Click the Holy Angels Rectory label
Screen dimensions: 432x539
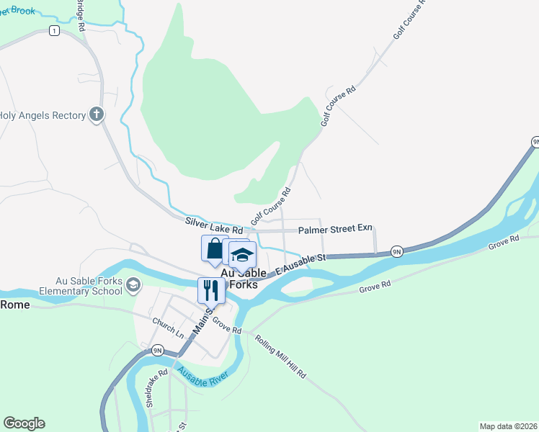click(42, 114)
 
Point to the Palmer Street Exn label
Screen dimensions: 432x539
click(335, 229)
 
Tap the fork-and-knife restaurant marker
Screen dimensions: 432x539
click(211, 290)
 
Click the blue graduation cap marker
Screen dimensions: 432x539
click(243, 254)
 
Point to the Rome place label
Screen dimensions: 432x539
click(15, 305)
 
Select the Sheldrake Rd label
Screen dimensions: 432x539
click(156, 388)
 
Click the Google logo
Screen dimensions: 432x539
click(24, 423)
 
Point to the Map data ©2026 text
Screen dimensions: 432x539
click(508, 426)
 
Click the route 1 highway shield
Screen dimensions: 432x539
click(53, 30)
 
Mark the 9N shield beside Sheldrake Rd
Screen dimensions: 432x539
click(158, 351)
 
